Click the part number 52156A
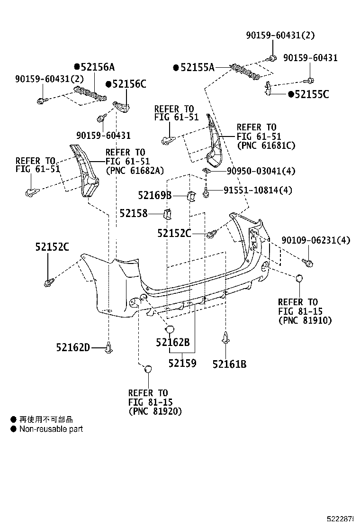click(97, 67)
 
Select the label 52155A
click(198, 68)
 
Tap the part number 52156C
click(129, 84)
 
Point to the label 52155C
click(311, 94)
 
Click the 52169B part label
click(155, 195)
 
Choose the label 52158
click(134, 214)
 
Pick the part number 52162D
click(73, 348)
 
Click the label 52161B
click(229, 364)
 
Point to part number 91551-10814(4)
click(258, 191)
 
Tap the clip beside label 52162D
click(109, 348)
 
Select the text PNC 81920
click(155, 411)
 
